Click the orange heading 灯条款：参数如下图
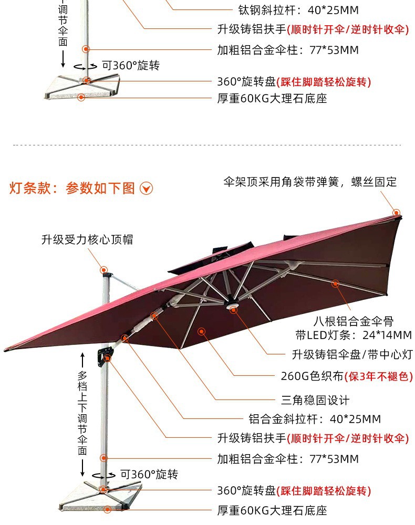click(71, 188)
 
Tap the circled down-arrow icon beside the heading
click(146, 188)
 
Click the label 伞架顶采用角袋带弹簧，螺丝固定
click(310, 182)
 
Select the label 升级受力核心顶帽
click(87, 240)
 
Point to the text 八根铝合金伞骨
click(354, 321)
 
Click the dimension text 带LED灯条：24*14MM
click(354, 335)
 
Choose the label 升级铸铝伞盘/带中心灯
click(352, 354)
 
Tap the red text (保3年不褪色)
click(379, 376)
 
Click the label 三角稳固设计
click(315, 400)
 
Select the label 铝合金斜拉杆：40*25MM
click(315, 419)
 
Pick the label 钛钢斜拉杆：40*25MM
click(298, 10)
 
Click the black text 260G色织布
click(312, 376)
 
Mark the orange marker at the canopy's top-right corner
click(396, 212)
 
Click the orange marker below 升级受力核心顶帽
click(104, 269)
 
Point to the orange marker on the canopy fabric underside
click(201, 331)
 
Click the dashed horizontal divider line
click(207, 145)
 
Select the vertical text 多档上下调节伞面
click(82, 413)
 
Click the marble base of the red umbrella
click(101, 497)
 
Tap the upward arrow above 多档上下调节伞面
click(82, 360)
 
